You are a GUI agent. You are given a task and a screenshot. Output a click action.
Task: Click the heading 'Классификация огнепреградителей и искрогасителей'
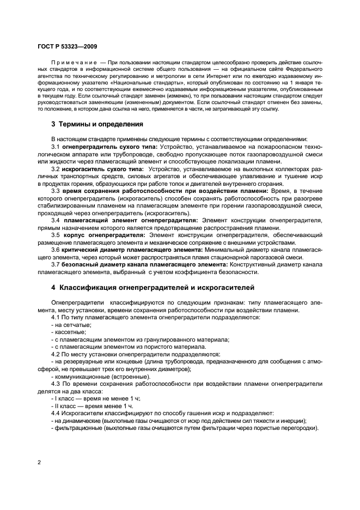click(149, 287)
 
